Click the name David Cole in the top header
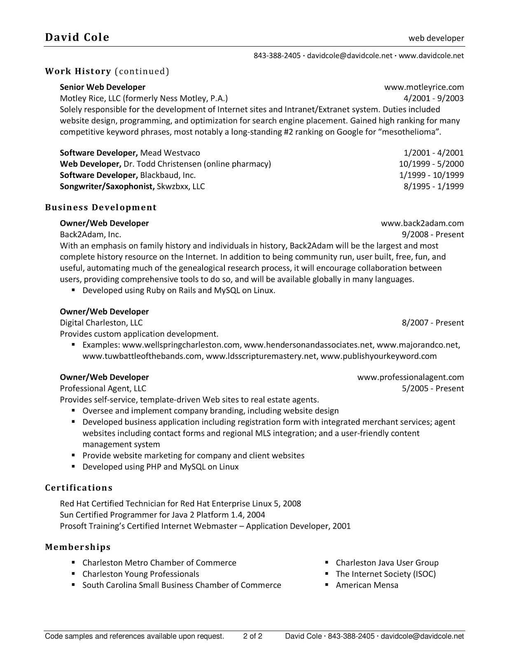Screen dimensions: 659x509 (77, 37)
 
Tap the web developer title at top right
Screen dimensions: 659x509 (436, 38)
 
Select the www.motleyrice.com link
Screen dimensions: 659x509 (424, 87)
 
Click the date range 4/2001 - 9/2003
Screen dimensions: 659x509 (434, 98)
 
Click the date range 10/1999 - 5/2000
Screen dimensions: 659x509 (431, 164)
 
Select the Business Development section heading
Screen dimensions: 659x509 (101, 207)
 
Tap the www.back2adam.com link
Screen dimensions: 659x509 (422, 223)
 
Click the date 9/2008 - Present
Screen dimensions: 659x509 (433, 234)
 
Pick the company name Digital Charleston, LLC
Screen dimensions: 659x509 (101, 322)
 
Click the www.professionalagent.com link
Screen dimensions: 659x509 (411, 377)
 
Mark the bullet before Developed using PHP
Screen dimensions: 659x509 (74, 467)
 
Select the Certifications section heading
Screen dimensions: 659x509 (79, 488)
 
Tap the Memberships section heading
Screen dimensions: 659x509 (78, 547)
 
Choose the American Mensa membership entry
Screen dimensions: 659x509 (367, 585)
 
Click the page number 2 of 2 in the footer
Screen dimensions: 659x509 (253, 636)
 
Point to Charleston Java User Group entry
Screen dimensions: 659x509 (387, 563)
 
